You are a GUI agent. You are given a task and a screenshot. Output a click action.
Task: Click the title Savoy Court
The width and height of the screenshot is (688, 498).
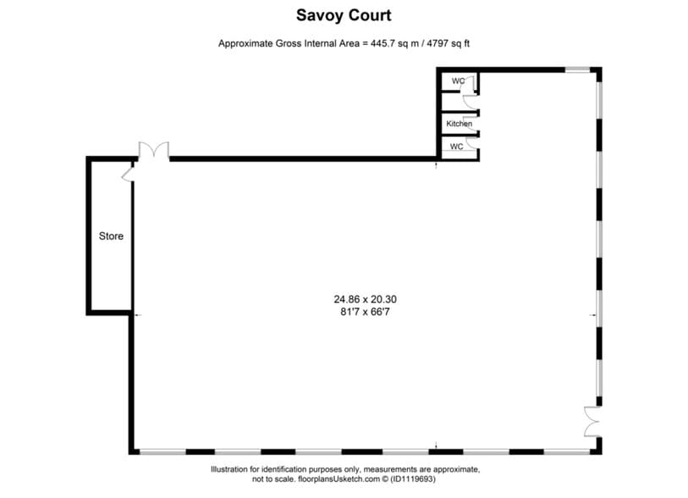coord(344,15)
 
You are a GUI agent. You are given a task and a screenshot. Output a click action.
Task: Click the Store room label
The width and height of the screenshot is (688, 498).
coord(111,236)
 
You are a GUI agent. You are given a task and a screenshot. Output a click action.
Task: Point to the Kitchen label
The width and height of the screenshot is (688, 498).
coord(460,125)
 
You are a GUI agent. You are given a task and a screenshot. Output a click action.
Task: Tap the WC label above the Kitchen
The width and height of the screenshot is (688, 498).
coord(458,81)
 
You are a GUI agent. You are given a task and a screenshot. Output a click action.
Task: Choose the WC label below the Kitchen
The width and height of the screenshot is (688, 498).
coord(456,147)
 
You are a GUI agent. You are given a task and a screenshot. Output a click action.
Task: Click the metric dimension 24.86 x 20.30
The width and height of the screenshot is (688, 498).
coord(365,299)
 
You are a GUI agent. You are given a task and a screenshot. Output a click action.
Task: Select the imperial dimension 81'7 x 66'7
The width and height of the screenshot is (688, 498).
coord(365,313)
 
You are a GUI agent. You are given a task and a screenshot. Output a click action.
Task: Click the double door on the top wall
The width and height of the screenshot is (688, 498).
coord(154,151)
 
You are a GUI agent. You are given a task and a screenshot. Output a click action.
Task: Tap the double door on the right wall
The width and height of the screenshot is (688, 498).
coord(591,421)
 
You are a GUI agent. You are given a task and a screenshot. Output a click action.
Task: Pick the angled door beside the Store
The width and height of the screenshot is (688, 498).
coord(128,172)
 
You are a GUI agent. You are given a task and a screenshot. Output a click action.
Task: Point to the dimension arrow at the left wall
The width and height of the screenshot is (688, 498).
coord(137,315)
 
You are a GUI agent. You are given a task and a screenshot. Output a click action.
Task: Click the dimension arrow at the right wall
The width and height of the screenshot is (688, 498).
coord(593,315)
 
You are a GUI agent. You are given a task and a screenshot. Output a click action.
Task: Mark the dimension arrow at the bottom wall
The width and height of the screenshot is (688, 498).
coord(436,445)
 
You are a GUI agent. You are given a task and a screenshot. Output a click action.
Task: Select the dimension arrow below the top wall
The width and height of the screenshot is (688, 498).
coord(436,163)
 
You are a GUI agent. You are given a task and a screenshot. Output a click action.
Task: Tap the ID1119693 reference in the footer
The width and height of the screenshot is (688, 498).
coord(412,479)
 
